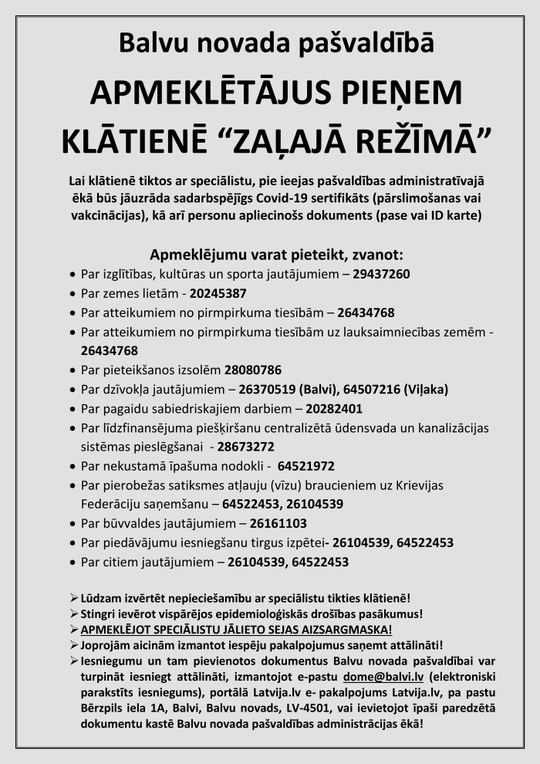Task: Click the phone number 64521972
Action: coord(305,466)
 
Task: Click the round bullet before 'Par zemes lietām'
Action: coord(73,294)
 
